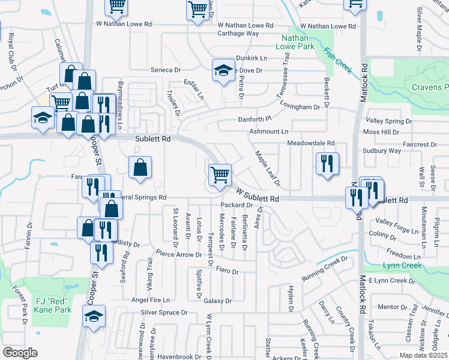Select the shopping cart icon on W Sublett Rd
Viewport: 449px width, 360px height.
click(x=220, y=175)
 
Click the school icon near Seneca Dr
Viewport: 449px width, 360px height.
click(x=223, y=70)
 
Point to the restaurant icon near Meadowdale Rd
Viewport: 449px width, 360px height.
click(x=327, y=163)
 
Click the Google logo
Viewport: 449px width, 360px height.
click(x=20, y=353)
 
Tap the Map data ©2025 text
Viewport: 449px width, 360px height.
click(x=423, y=355)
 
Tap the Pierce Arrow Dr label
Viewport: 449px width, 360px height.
click(x=178, y=254)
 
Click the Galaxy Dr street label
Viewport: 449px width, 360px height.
click(x=217, y=301)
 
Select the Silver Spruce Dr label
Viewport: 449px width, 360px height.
click(x=164, y=313)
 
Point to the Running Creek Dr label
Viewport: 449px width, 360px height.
click(x=324, y=265)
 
